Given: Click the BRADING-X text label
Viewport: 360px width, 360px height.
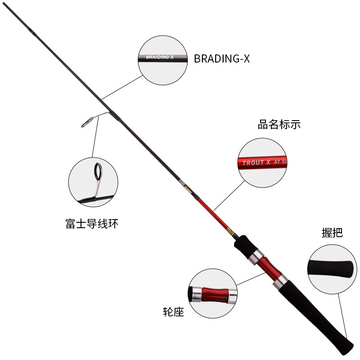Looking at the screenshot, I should click(x=221, y=59).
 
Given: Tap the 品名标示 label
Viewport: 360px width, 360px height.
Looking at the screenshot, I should click(x=279, y=125).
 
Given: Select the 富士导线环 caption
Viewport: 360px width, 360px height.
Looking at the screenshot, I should click(x=92, y=223).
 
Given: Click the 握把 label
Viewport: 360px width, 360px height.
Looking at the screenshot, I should click(x=332, y=232).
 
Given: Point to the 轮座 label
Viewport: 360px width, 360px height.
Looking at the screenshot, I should click(x=173, y=312).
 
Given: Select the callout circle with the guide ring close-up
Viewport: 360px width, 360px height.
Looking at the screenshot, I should click(x=93, y=182).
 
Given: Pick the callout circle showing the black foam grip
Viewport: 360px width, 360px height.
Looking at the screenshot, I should click(x=332, y=270).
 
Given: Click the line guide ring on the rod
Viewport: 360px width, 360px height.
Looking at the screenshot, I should click(x=88, y=121).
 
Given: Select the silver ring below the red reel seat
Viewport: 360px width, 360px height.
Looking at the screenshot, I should click(x=279, y=282).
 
